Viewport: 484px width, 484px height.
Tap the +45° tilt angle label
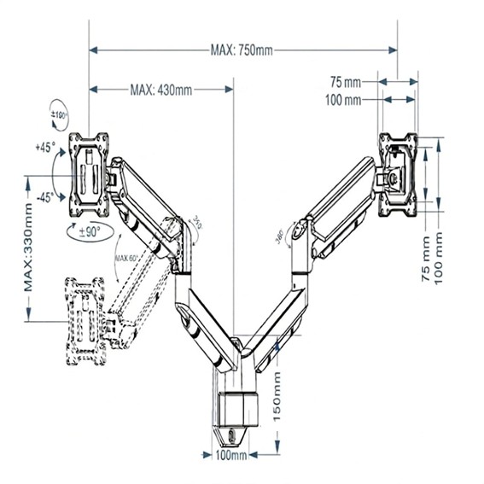click(45, 147)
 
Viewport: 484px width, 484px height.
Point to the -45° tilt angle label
click(44, 197)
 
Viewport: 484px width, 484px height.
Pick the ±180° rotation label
click(59, 115)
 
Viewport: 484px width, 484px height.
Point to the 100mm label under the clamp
click(230, 457)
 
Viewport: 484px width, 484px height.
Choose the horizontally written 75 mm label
click(346, 83)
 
